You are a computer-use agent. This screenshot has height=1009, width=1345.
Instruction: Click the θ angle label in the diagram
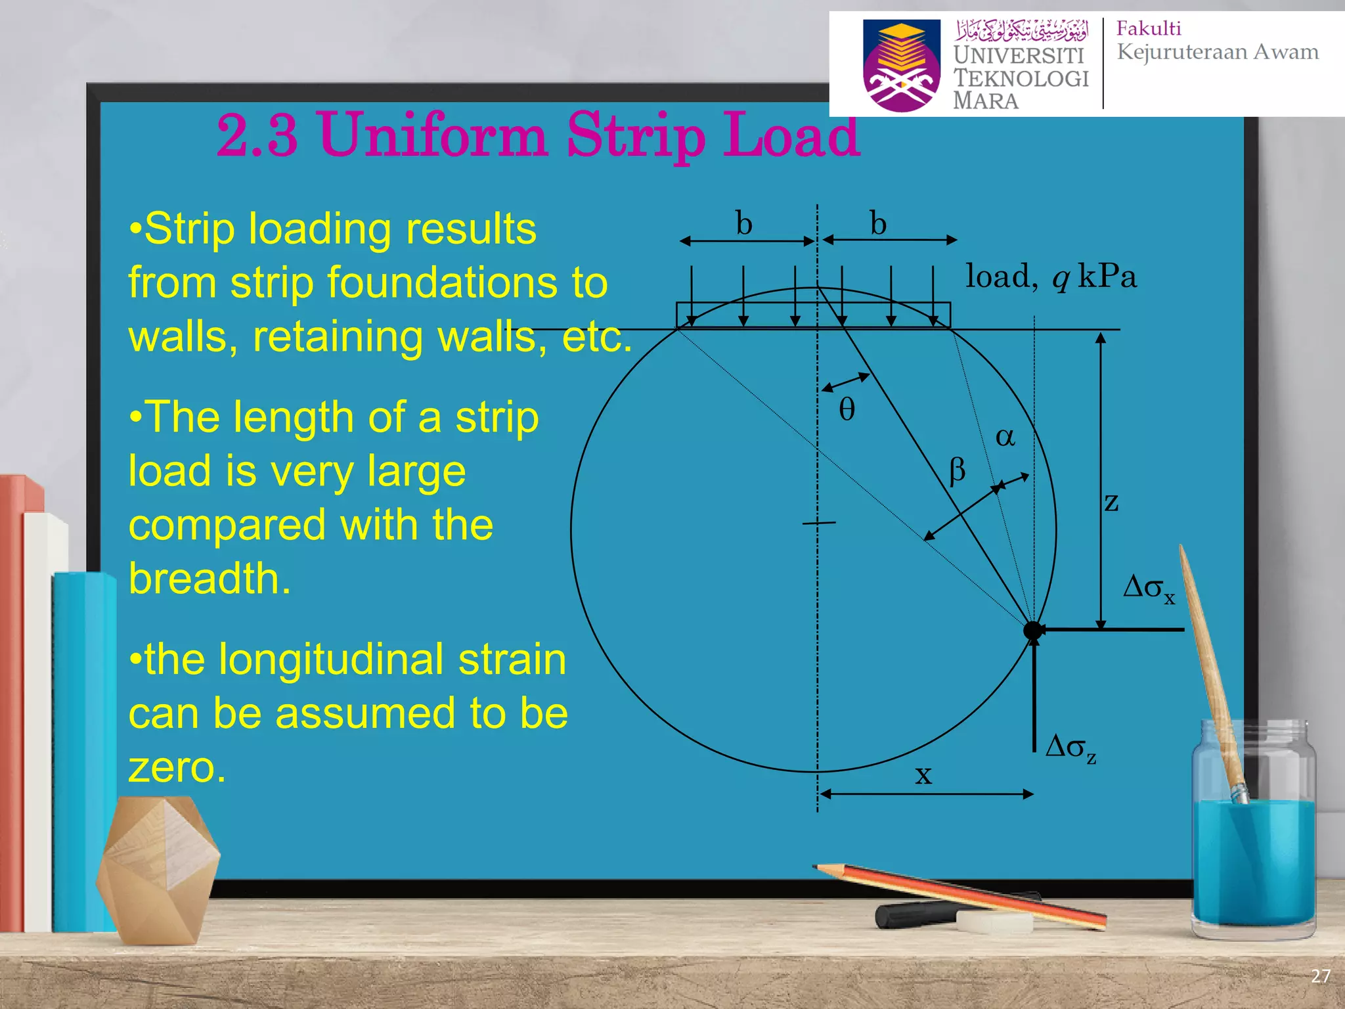(x=847, y=409)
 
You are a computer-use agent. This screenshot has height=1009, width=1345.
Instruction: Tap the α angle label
(x=1005, y=437)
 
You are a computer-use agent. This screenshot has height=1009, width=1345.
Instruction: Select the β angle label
(x=958, y=470)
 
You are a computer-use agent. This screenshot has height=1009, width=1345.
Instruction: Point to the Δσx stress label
(x=1149, y=587)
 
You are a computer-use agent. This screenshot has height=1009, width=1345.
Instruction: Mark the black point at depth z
(x=1032, y=630)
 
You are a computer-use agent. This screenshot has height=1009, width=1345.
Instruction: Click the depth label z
(x=1111, y=503)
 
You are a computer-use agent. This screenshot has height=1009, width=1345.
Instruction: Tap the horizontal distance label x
(x=923, y=775)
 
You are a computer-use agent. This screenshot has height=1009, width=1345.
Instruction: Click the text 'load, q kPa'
(x=1051, y=277)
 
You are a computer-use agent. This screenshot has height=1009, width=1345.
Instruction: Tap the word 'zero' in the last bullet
(x=177, y=767)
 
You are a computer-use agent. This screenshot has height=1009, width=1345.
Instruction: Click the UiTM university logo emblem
(x=901, y=65)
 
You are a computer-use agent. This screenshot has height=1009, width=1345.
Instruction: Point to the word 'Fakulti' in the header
(x=1149, y=28)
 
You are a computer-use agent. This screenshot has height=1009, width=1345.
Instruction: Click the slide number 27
(x=1321, y=976)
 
